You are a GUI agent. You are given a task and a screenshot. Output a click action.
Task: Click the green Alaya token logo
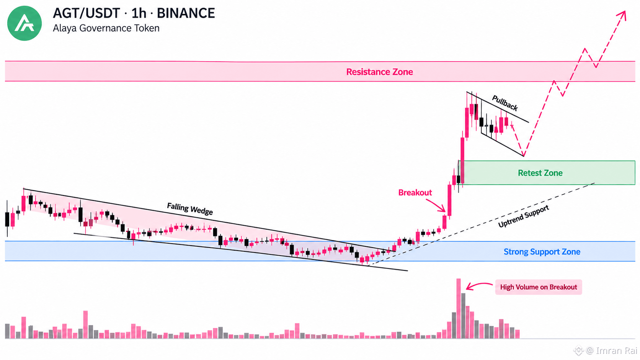[x=24, y=23]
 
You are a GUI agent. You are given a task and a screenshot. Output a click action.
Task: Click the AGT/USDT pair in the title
[x=87, y=13]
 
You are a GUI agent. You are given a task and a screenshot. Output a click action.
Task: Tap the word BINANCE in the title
[x=186, y=13]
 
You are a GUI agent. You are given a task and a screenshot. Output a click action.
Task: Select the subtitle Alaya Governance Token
[x=106, y=28]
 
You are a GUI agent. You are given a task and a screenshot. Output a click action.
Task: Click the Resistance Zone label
[x=379, y=72]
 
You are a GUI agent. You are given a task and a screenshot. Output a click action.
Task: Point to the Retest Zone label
[x=540, y=173]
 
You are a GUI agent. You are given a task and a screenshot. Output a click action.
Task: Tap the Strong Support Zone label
[x=542, y=251]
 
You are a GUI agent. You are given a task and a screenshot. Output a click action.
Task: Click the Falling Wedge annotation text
[x=190, y=209]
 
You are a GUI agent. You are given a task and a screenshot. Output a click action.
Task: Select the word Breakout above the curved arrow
[x=415, y=192]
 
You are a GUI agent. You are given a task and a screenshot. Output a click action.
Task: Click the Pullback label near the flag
[x=505, y=103]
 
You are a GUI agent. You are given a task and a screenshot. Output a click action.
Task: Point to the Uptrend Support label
[x=523, y=216]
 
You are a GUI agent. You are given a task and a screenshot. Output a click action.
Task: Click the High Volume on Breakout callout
[x=539, y=287]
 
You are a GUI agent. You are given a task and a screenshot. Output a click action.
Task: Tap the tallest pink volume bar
[x=459, y=309]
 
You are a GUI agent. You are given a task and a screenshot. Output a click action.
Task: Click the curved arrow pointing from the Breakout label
[x=436, y=204]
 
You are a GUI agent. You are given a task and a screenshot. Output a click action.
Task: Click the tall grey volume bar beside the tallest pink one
[x=463, y=316]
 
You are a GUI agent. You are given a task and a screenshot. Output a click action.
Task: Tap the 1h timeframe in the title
[x=139, y=13]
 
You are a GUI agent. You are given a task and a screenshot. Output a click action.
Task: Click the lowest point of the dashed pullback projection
[x=523, y=156]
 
